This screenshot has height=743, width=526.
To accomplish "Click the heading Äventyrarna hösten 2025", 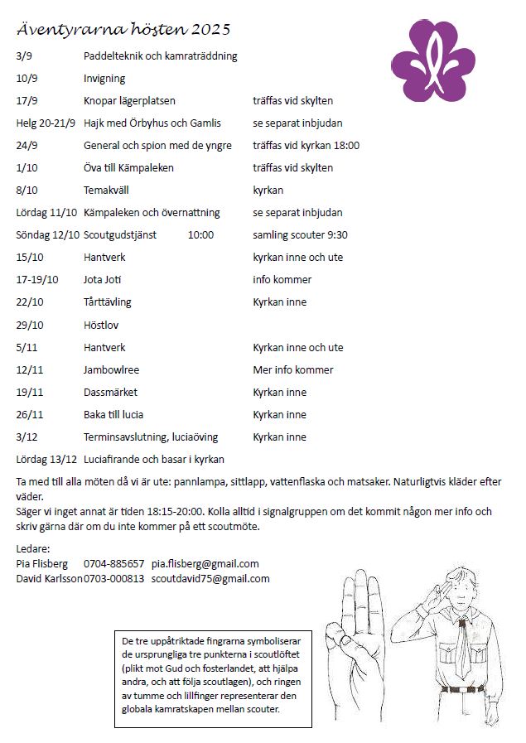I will coord(123,30).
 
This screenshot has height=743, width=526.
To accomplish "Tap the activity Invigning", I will coord(104,79).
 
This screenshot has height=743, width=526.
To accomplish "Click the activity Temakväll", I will coord(106,191).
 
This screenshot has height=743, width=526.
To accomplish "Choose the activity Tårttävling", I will coord(108,302).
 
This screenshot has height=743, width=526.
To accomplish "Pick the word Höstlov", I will coord(101,325).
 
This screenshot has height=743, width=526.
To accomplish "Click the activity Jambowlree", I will coord(111,369).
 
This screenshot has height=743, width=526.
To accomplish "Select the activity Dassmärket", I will coord(110,392).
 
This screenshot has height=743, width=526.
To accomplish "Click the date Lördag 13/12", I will coord(46,459).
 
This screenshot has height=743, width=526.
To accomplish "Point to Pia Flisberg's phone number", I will coord(113,563).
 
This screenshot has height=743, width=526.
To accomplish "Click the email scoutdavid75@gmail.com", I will coord(210,578).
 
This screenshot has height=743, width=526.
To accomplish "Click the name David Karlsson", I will coord(49,578).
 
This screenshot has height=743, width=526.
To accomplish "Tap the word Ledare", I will coord(33,548).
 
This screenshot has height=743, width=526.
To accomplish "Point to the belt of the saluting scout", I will coord(466,688).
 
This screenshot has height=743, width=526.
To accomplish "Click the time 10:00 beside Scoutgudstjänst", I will coord(200,235).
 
